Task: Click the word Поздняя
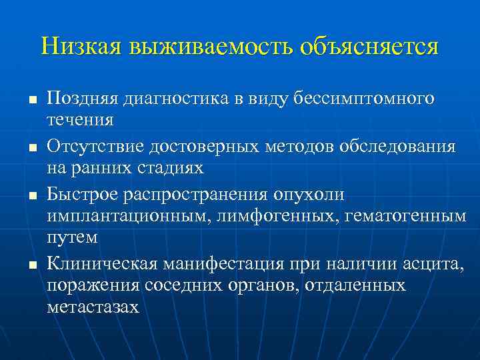tap(81, 99)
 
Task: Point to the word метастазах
tap(93, 307)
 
